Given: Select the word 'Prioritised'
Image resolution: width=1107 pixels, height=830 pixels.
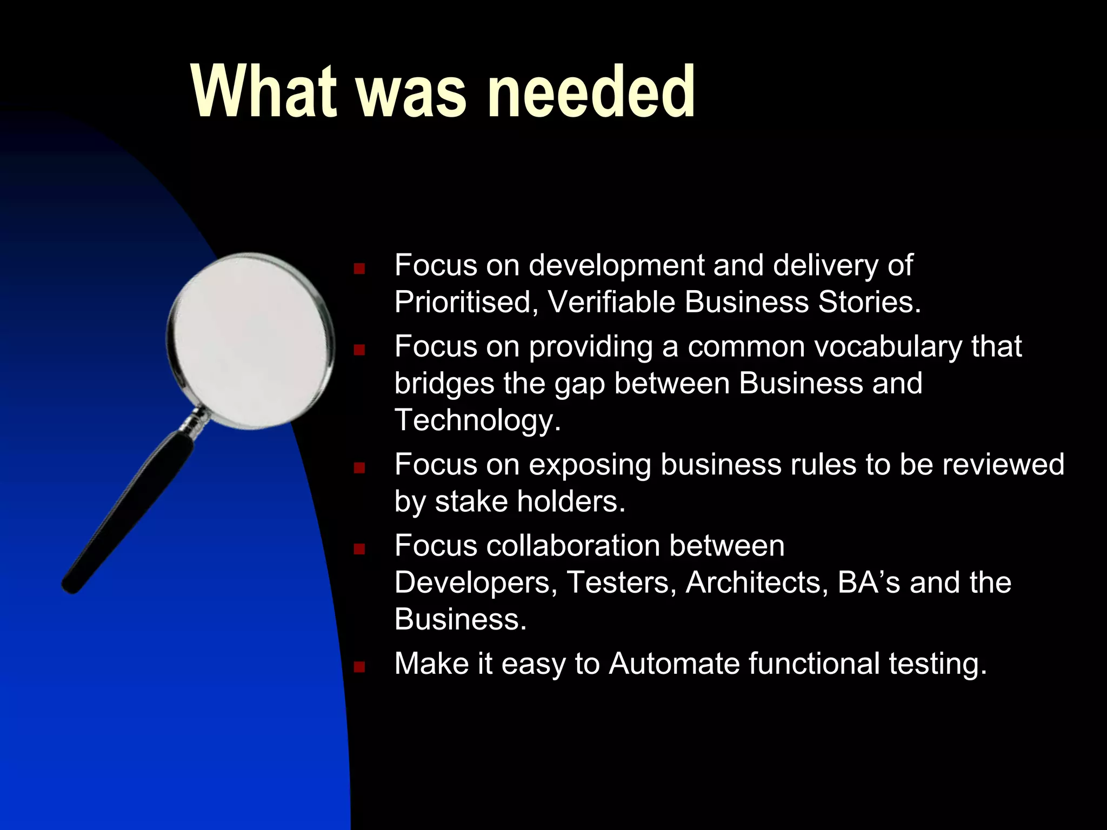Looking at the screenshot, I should [x=463, y=302].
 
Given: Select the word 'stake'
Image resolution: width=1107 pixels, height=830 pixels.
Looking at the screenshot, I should [x=471, y=501].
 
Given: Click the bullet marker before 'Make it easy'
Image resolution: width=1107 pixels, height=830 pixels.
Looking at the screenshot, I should [x=359, y=667].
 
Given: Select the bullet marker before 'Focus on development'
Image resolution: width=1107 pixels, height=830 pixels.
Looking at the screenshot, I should [x=359, y=269].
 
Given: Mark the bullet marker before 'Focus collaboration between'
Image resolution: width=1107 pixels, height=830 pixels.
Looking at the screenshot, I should [x=359, y=549].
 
